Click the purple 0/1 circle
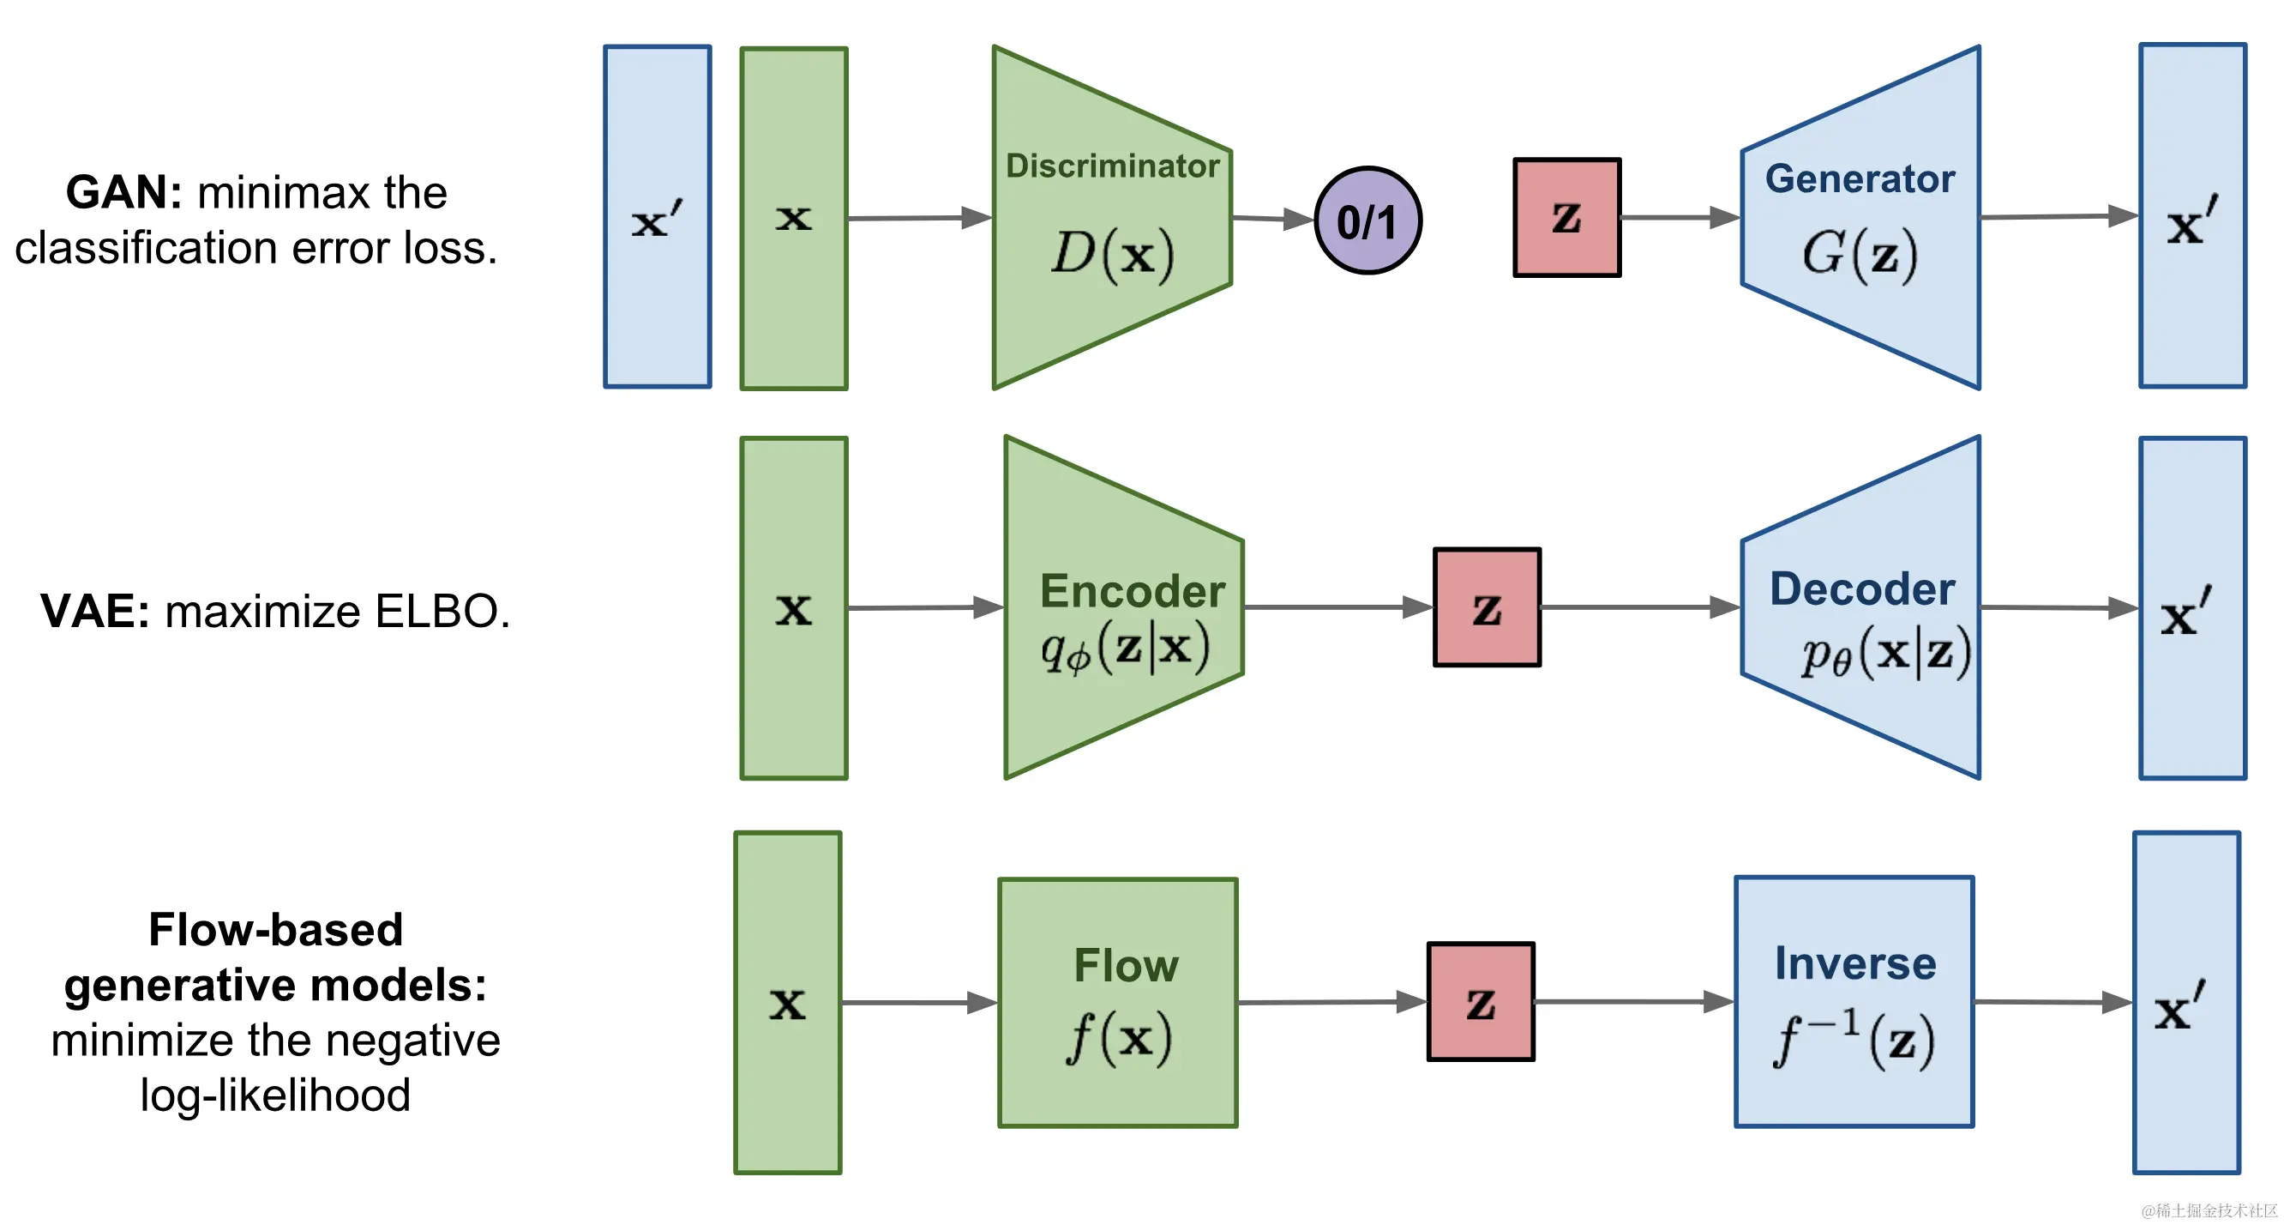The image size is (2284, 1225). point(1368,220)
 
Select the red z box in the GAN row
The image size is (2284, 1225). point(1566,218)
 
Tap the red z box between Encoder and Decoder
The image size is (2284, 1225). point(1487,607)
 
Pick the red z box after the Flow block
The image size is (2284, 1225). point(1481,1001)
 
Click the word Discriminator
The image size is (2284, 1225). point(1112,166)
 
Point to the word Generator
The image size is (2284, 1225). point(1860,179)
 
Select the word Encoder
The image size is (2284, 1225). point(1133,591)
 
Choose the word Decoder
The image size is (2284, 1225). point(1862,589)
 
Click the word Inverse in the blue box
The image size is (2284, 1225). point(1854,963)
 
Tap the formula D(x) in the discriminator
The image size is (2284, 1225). point(1113,254)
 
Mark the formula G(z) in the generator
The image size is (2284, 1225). point(1860,254)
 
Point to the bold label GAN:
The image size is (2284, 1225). point(124,192)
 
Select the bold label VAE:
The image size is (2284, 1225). point(95,611)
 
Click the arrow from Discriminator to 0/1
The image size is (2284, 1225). point(1273,218)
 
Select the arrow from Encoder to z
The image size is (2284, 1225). point(1339,607)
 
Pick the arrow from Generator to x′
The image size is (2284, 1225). point(2059,216)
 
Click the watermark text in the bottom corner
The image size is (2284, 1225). point(2209,1210)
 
